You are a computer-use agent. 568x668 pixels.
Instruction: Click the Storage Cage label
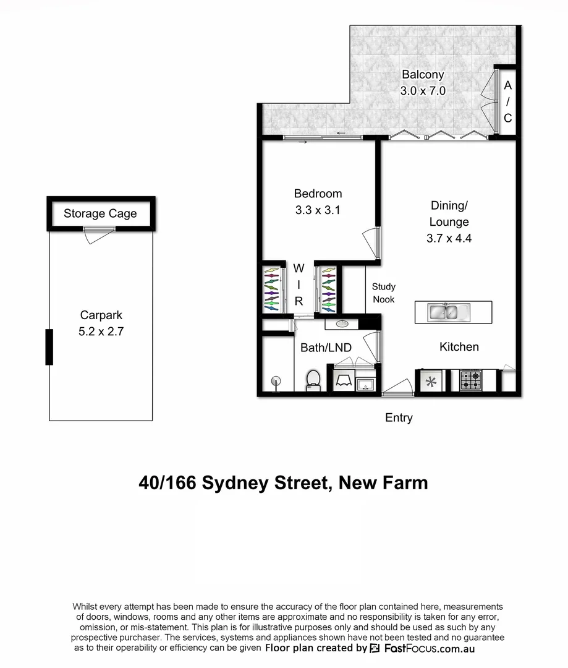(x=100, y=214)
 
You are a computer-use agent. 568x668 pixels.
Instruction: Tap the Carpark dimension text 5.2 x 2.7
(x=101, y=332)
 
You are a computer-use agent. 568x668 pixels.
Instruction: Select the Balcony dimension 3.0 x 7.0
(x=423, y=90)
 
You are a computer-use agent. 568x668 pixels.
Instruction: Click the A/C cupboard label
(x=507, y=101)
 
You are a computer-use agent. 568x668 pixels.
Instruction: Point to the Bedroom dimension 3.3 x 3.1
(x=318, y=210)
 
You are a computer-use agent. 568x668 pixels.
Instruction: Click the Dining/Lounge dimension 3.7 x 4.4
(x=449, y=238)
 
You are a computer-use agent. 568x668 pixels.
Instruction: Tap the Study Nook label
(x=383, y=293)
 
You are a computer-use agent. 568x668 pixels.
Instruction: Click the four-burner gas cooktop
(x=471, y=380)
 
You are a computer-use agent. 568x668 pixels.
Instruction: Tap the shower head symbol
(x=275, y=381)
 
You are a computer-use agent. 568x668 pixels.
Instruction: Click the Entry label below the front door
(x=399, y=418)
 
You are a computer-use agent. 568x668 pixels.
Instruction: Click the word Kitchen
(x=459, y=346)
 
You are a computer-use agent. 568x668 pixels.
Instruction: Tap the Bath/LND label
(x=326, y=348)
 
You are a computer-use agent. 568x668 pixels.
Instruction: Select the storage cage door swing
(x=98, y=234)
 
